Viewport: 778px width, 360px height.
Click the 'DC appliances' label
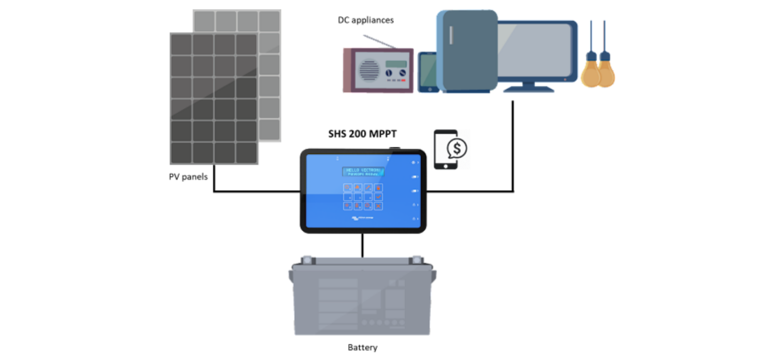366,20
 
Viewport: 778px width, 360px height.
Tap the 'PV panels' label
188,177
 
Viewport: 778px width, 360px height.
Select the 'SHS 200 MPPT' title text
362,134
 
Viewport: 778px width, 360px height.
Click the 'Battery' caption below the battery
362,347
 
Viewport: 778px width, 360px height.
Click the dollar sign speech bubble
457,148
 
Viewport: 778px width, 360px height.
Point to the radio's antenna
379,41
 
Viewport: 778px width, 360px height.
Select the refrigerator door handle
451,35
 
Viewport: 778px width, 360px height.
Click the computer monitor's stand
529,87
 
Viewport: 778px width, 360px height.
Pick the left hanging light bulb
591,72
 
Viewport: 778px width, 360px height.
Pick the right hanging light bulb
606,72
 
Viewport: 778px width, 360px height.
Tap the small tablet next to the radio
428,72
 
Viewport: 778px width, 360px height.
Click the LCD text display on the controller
363,171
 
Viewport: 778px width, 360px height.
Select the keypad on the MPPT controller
363,197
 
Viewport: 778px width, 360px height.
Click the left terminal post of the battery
308,260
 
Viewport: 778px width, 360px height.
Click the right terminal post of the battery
416,260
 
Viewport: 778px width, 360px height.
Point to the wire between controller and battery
362,245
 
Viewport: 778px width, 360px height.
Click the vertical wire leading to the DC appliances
513,144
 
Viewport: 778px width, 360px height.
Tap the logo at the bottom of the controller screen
362,218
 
